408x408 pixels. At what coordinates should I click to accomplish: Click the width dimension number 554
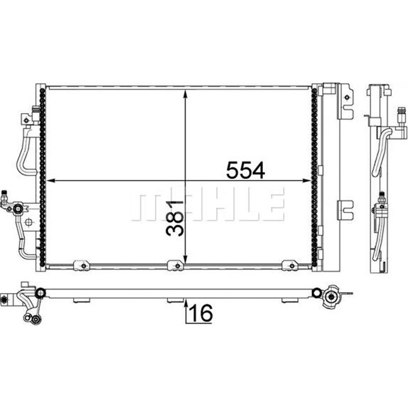245,170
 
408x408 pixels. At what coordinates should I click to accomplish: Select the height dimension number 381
174,218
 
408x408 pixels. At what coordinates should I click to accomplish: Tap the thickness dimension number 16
201,313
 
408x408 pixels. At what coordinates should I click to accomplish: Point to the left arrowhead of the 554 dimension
50,181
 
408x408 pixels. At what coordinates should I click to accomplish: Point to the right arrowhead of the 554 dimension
307,181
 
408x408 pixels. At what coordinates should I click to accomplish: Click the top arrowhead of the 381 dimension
185,94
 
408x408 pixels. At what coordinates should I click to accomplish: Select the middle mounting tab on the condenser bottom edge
175,265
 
